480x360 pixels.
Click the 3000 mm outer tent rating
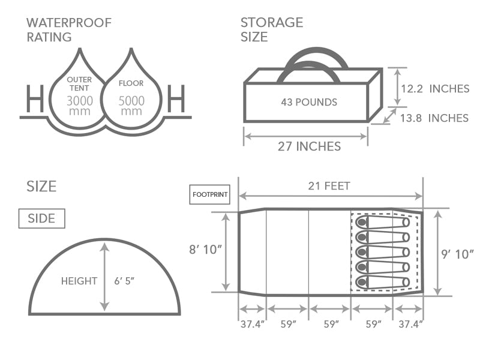80,106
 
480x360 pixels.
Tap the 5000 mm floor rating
131,106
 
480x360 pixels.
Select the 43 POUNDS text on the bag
309,102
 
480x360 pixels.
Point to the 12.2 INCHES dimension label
434,89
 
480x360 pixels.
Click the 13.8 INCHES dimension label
434,118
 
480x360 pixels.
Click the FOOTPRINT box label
209,195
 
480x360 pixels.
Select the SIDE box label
41,218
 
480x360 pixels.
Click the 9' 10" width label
458,254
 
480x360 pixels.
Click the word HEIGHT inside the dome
79,281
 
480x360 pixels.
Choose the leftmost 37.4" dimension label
252,324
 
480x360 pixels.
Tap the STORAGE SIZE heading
272,30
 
